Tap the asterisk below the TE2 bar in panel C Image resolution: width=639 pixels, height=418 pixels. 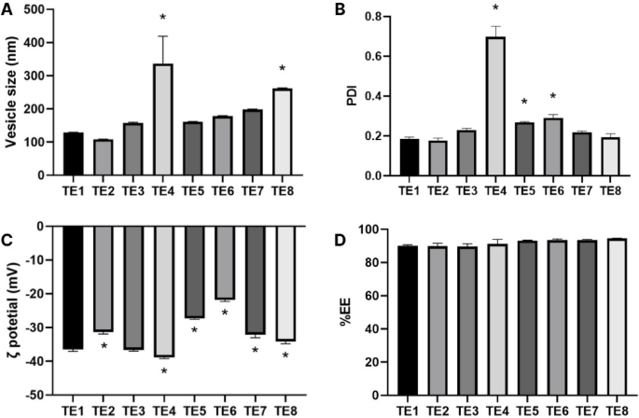[104, 347]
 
